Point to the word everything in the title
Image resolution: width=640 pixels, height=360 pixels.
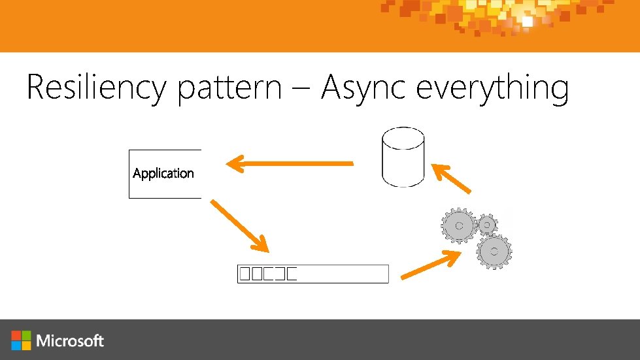[x=492, y=89]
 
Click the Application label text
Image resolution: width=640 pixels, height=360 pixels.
[x=163, y=173]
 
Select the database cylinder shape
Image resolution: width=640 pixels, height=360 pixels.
[x=402, y=157]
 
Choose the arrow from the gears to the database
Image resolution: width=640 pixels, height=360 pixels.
[x=451, y=178]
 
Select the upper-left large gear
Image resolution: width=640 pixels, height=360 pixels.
[x=459, y=225]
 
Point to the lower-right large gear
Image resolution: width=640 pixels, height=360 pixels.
[x=494, y=251]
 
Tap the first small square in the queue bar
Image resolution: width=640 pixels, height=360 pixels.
[x=244, y=274]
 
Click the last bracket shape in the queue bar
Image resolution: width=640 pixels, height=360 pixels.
[x=292, y=274]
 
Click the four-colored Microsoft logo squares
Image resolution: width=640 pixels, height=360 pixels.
[x=21, y=340]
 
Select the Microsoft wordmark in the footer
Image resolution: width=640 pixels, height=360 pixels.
[x=70, y=340]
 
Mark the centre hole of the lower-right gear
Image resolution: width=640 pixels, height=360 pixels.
[x=494, y=251]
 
